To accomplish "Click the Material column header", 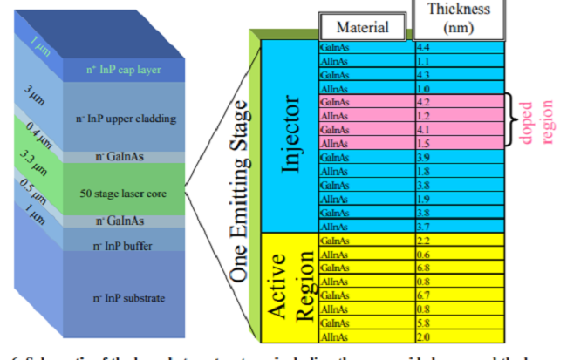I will pyautogui.click(x=362, y=27).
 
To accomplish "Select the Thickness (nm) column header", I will pyautogui.click(x=459, y=19).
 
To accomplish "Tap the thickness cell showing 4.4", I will pyautogui.click(x=423, y=48).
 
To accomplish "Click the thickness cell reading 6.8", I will pyautogui.click(x=424, y=267).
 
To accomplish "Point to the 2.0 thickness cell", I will pyautogui.click(x=424, y=336).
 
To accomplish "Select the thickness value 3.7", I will pyautogui.click(x=424, y=226).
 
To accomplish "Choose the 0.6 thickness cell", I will pyautogui.click(x=424, y=253).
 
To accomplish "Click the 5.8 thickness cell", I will pyautogui.click(x=424, y=323).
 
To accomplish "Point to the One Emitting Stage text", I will pyautogui.click(x=243, y=193).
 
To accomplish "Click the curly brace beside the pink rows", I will pyautogui.click(x=508, y=121).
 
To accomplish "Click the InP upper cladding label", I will pyautogui.click(x=124, y=118).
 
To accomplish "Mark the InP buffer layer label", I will pyautogui.click(x=123, y=247).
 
